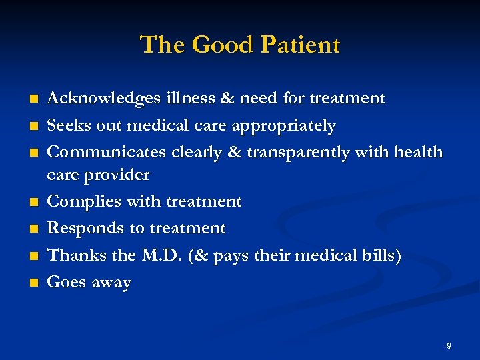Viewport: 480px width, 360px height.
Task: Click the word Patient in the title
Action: [x=301, y=45]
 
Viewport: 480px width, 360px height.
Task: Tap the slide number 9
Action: [x=449, y=346]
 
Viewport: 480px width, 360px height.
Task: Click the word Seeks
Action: [x=68, y=125]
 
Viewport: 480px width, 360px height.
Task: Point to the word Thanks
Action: [x=72, y=255]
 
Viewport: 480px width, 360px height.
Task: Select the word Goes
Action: [x=65, y=282]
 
